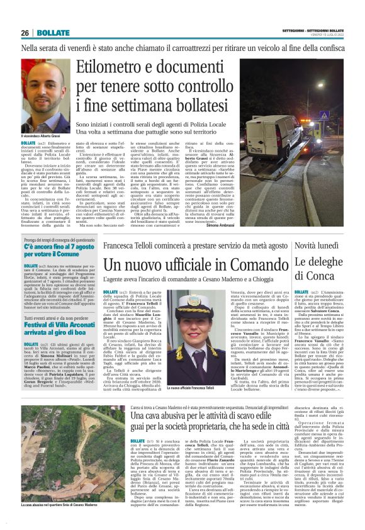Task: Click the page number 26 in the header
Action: tap(25, 32)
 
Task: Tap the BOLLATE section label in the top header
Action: tap(53, 32)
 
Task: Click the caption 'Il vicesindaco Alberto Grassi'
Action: tap(44, 137)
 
